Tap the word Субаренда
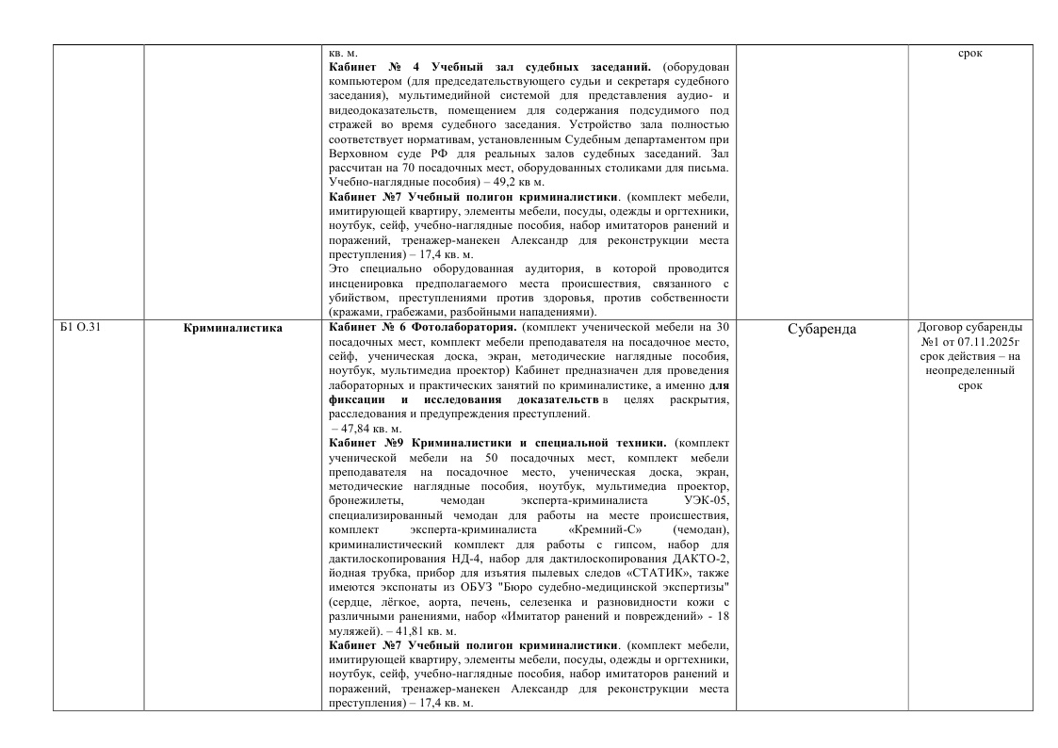822,329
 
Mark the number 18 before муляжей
721,615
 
